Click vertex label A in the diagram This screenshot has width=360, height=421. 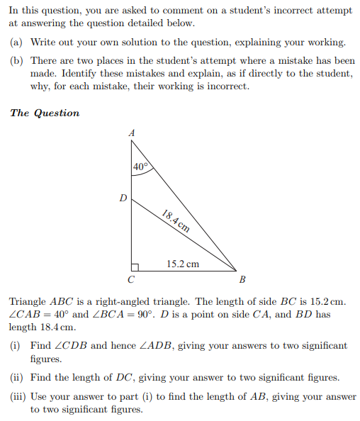tap(131, 133)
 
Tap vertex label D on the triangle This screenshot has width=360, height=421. tap(123, 199)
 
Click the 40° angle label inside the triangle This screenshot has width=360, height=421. tap(141, 167)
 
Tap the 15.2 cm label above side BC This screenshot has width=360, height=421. tap(183, 264)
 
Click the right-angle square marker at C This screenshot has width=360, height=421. tap(135, 266)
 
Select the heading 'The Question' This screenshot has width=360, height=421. tap(45, 113)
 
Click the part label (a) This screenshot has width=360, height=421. tap(16, 43)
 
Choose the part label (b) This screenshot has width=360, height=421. tap(16, 61)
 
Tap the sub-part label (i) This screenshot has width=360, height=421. tap(15, 345)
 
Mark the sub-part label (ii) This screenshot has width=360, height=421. tap(16, 377)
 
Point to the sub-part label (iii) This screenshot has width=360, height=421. tap(18, 397)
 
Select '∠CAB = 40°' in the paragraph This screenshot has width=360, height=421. tap(40, 314)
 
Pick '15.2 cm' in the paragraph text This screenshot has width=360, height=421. tap(327, 301)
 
